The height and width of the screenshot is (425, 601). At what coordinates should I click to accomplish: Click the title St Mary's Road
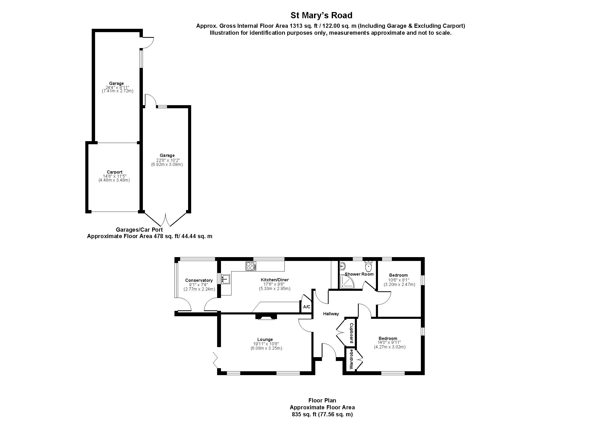click(321, 15)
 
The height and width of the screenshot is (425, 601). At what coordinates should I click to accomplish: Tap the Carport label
click(114, 172)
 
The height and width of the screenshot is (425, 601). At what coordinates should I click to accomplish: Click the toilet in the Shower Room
click(368, 267)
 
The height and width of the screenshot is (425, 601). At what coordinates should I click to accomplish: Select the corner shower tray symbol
click(345, 283)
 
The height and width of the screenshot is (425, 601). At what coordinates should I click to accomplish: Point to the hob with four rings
click(251, 266)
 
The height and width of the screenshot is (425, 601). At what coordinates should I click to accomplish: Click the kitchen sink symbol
click(225, 279)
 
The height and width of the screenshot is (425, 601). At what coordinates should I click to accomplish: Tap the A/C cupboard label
click(307, 307)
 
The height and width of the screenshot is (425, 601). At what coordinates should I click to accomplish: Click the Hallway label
click(331, 314)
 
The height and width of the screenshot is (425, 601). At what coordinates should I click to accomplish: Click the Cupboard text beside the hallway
click(352, 333)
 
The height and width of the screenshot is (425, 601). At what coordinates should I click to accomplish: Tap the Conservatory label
click(199, 281)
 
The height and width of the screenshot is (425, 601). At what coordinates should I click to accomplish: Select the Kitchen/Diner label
click(275, 280)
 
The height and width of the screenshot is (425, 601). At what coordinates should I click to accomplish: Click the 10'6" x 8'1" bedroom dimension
click(399, 280)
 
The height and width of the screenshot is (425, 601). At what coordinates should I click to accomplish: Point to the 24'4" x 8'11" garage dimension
click(117, 87)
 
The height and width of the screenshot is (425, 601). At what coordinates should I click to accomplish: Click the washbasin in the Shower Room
click(343, 267)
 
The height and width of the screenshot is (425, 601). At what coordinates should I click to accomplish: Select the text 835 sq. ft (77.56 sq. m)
click(322, 414)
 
